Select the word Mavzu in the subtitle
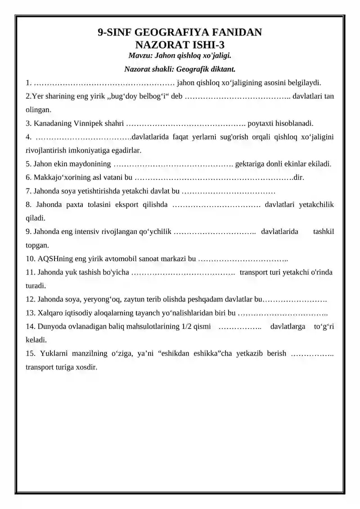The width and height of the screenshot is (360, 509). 140,56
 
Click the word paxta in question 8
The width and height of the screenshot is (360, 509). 77,205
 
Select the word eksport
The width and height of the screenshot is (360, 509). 129,205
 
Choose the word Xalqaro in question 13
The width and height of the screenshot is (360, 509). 46,313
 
